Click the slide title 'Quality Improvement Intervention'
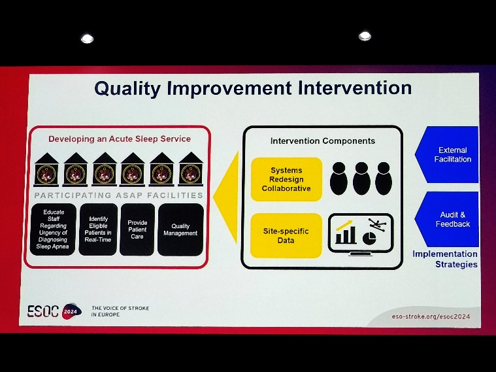coord(253,88)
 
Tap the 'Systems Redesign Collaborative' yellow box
coord(286,179)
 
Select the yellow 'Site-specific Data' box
coord(286,235)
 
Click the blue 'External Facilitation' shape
coord(446,154)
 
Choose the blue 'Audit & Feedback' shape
coord(446,220)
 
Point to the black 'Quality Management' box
coord(180,229)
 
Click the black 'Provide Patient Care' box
coord(137,229)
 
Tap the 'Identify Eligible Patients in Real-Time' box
coord(98,229)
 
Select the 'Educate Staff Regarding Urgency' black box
coord(53,229)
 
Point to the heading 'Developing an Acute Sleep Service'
coord(120,139)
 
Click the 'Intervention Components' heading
coord(323,141)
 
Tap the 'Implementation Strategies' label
coord(446,259)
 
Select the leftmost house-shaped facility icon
coord(46,169)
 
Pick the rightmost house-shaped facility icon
coord(191,169)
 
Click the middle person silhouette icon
coord(361,178)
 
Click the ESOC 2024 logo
coord(54,311)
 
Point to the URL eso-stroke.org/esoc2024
coord(431,316)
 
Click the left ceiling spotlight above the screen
coord(87,39)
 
